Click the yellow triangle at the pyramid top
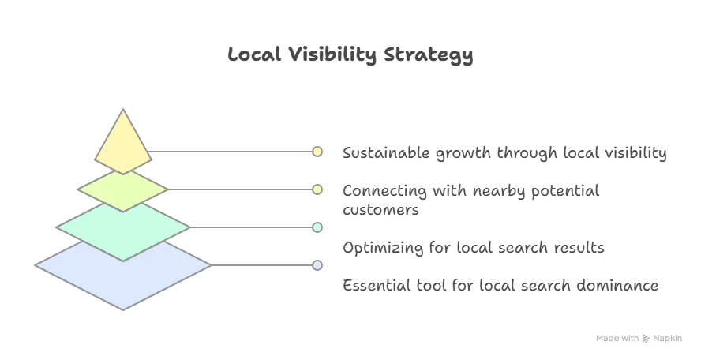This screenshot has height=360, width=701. click(x=123, y=146)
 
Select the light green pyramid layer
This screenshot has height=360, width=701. click(x=123, y=189)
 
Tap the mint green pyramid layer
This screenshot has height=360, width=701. click(x=123, y=227)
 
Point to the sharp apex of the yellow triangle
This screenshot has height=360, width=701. click(x=123, y=111)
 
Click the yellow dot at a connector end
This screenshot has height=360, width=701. click(x=317, y=152)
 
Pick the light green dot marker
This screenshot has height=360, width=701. click(x=317, y=189)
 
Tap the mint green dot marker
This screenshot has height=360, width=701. click(x=317, y=227)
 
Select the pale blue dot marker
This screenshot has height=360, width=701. click(x=317, y=265)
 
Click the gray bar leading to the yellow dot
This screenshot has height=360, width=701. click(x=229, y=152)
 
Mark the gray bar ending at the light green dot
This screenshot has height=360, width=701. click(x=237, y=189)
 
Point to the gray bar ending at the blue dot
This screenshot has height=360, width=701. click(x=261, y=265)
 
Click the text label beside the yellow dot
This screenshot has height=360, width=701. click(x=504, y=153)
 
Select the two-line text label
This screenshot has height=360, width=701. click(x=470, y=199)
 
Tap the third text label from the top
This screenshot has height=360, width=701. click(x=472, y=249)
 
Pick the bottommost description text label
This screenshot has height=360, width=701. click(x=500, y=286)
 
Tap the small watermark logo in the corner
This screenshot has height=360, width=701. click(x=637, y=338)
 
